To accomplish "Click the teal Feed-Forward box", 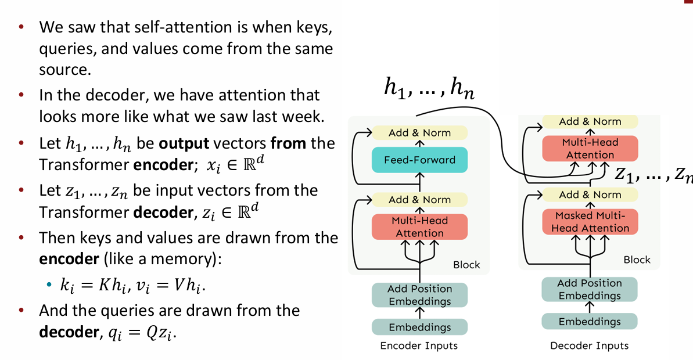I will point(419,160).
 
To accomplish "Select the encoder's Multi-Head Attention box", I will point(419,226).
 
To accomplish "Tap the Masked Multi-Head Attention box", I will point(590,222).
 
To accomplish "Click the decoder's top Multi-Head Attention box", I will point(590,149).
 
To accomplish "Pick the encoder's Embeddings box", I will point(419,327).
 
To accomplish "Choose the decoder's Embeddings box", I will point(590,322).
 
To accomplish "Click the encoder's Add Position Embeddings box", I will point(419,295).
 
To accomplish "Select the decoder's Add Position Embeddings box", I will point(590,289).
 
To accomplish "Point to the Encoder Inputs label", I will point(419,346).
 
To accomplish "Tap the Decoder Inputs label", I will point(589,346).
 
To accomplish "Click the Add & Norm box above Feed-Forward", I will point(419,132).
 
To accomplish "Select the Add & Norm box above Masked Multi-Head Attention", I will point(590,195).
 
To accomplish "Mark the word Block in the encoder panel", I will point(466,265).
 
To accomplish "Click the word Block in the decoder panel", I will point(637,260).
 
